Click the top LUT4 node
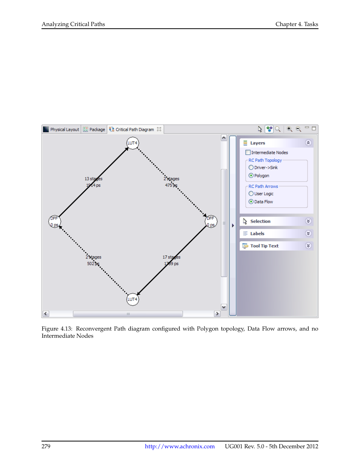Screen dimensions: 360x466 pos(132,143)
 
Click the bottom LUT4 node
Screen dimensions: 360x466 pos(132,299)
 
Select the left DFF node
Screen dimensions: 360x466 pos(55,221)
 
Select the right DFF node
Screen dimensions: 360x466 pos(211,221)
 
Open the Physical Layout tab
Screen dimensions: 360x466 pos(62,129)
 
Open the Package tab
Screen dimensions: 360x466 pos(94,129)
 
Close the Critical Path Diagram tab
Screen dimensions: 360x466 pos(159,129)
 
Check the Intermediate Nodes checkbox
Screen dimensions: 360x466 pos(248,152)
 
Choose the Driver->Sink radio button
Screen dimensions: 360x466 pos(251,168)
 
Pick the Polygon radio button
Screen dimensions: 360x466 pos(251,175)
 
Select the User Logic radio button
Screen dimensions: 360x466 pos(251,194)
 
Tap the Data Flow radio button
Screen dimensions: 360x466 pos(251,201)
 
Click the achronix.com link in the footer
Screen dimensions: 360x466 pos(180,446)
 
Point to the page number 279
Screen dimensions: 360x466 pos(46,446)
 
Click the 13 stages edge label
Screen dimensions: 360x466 pos(93,179)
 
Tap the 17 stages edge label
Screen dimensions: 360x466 pos(171,257)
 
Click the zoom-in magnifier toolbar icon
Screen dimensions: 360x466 pos(289,129)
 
